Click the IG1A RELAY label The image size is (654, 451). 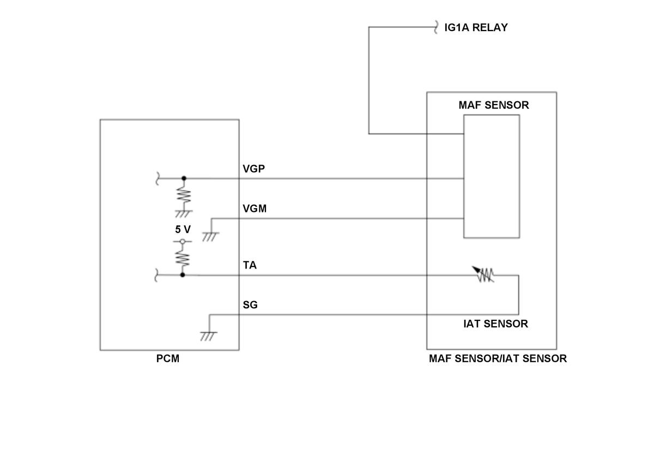(476, 28)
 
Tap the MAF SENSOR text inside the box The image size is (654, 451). (493, 105)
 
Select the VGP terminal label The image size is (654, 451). (253, 169)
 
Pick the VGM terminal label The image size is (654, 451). (255, 209)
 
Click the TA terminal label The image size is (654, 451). (250, 265)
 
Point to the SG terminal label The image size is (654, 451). (250, 305)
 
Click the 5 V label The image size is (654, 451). (183, 229)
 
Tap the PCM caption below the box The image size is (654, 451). (168, 359)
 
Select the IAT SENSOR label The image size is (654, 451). (495, 324)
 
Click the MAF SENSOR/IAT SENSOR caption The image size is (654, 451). (498, 359)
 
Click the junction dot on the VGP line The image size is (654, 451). (184, 178)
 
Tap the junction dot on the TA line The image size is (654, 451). (183, 275)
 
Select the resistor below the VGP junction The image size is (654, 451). (184, 195)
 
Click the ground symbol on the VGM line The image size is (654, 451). (210, 236)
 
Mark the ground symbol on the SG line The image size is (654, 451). (208, 336)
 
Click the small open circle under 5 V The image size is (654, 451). (183, 241)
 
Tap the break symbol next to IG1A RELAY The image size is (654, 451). (436, 28)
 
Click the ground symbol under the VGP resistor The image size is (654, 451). (184, 212)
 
